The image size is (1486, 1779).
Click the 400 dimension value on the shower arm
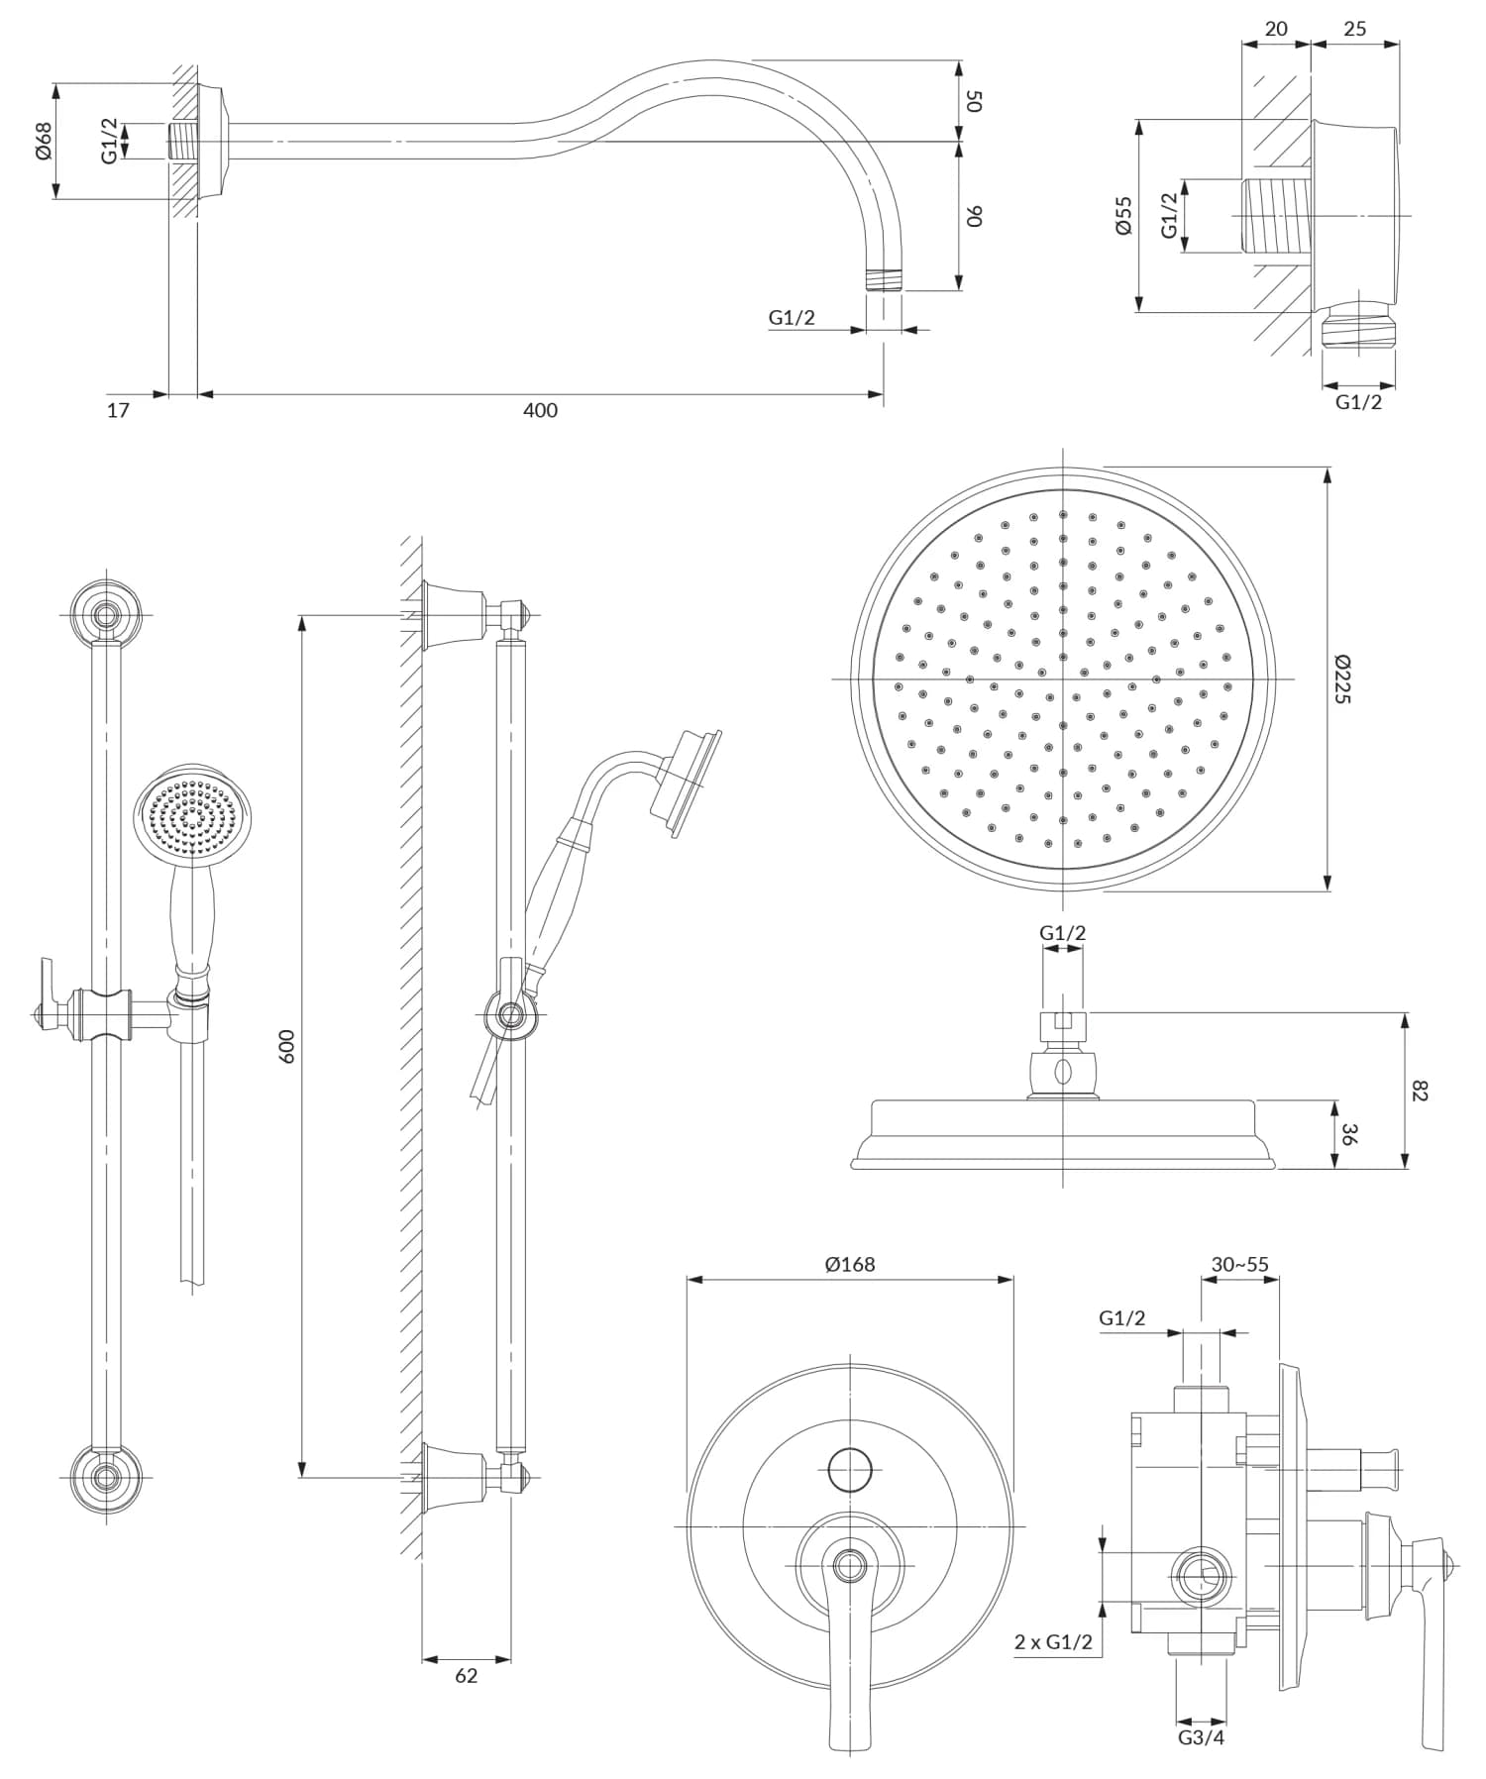[x=540, y=410]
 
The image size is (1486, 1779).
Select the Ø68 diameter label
[x=43, y=142]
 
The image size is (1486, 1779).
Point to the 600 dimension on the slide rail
[x=287, y=1046]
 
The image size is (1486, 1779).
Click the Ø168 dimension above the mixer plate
[x=850, y=1265]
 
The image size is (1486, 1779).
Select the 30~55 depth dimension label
[x=1239, y=1265]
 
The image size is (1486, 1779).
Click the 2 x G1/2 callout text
[x=1053, y=1641]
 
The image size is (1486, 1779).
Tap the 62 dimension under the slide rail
[x=466, y=1676]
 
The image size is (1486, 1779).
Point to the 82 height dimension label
[x=1421, y=1091]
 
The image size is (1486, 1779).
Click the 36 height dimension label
[x=1347, y=1134]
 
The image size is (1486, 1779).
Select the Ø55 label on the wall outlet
[x=1122, y=215]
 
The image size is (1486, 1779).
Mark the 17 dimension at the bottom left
[x=118, y=410]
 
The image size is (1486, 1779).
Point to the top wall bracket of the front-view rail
[x=105, y=614]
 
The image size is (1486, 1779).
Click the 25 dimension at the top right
[x=1354, y=29]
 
